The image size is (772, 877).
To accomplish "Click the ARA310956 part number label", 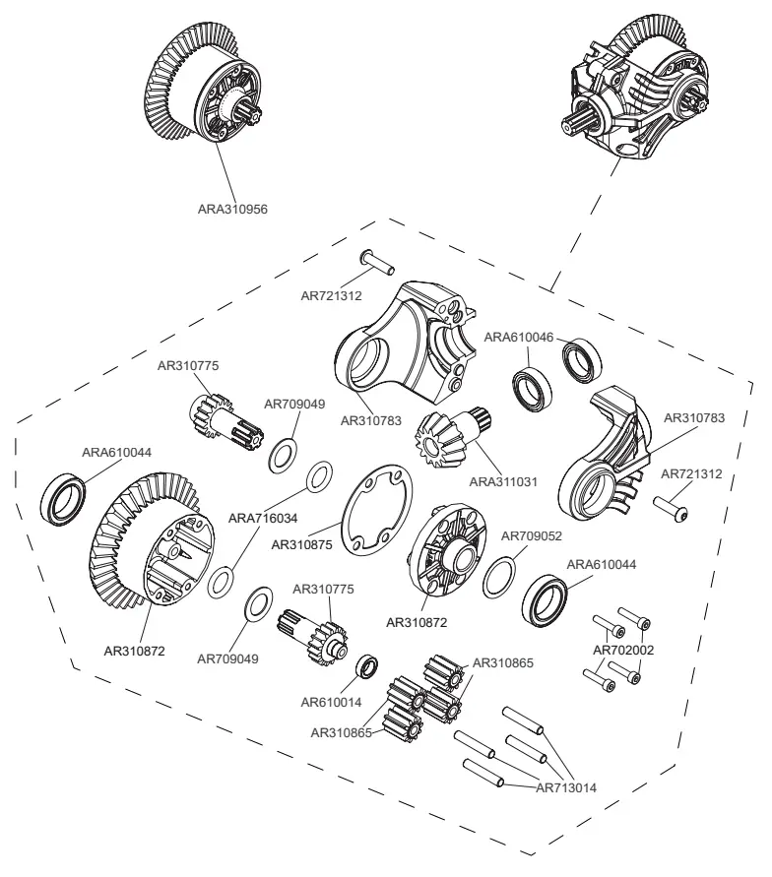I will pyautogui.click(x=232, y=209).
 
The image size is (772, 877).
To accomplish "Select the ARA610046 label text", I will pyautogui.click(x=519, y=337).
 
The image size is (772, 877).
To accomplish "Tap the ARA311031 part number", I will pyautogui.click(x=503, y=481).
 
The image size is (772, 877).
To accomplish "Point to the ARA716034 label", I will pyautogui.click(x=263, y=516).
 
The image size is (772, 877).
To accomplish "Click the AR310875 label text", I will pyautogui.click(x=302, y=542).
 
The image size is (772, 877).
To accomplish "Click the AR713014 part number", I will pyautogui.click(x=567, y=786).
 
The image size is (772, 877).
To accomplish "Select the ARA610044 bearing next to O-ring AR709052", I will pyautogui.click(x=545, y=599).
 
